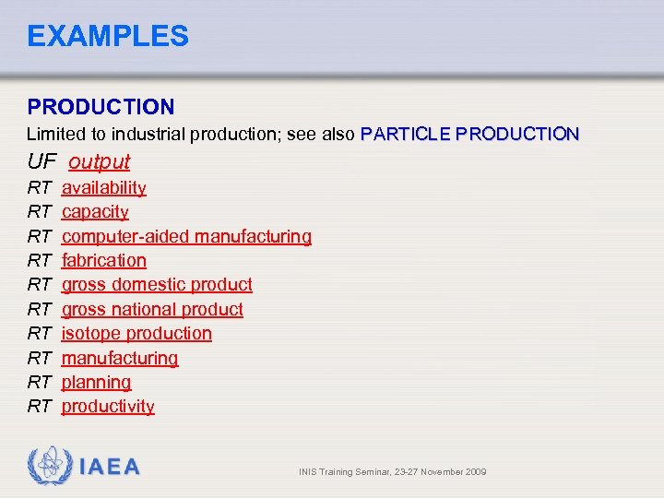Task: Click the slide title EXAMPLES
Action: [x=108, y=36]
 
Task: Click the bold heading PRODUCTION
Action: [x=101, y=108]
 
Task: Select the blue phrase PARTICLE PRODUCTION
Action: [x=470, y=134]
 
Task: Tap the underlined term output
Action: [x=99, y=161]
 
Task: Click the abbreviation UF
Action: [x=41, y=161]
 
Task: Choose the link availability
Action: [x=103, y=187]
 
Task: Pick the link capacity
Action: [x=95, y=211]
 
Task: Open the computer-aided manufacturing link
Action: [x=186, y=236]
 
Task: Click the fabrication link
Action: [x=103, y=260]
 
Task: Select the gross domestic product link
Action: [x=157, y=284]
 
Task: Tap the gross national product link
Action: [x=152, y=309]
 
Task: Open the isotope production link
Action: [x=136, y=333]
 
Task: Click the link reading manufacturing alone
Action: [x=120, y=358]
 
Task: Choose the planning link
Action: [x=96, y=382]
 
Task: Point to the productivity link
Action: [x=108, y=406]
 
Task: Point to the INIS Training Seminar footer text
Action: [x=392, y=472]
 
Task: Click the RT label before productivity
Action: [x=39, y=406]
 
